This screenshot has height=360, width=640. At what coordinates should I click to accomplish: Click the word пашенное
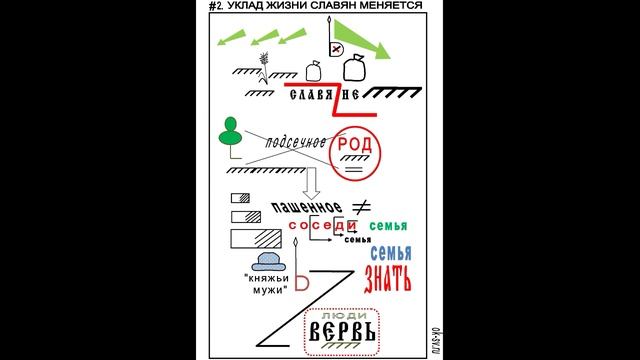click(306, 208)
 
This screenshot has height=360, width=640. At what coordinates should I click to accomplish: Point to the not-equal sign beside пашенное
click(362, 206)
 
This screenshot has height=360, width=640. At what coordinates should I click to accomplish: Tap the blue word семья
click(390, 253)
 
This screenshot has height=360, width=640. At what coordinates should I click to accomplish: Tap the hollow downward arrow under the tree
click(311, 181)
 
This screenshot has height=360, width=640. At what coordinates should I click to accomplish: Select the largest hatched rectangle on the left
click(256, 240)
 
